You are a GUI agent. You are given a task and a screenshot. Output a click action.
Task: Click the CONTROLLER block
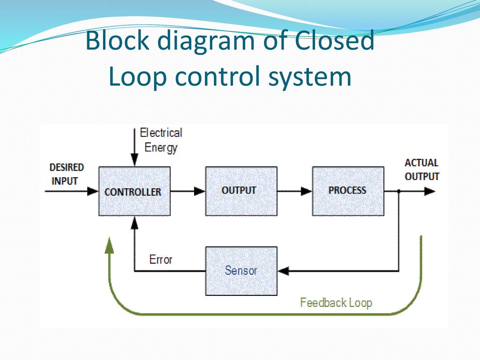tap(135, 191)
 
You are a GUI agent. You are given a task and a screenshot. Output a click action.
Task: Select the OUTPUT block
tap(241, 191)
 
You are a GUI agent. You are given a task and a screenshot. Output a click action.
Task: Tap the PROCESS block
tap(348, 191)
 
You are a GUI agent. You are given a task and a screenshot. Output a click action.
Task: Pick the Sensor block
tap(241, 271)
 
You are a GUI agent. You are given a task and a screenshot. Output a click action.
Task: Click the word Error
tap(161, 260)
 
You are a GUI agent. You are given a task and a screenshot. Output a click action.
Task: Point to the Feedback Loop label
tap(336, 303)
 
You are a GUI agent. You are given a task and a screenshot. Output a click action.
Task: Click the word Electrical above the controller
tap(161, 133)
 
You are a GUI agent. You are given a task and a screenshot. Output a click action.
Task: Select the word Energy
tap(161, 148)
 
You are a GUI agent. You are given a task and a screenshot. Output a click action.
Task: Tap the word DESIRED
tap(67, 167)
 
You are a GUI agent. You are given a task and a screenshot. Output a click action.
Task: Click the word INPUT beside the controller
tap(65, 181)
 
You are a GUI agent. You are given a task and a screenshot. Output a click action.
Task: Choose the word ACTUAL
tap(421, 163)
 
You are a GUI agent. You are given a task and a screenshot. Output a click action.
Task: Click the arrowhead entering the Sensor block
tap(283, 271)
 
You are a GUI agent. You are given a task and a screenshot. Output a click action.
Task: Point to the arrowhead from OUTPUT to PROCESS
tap(307, 191)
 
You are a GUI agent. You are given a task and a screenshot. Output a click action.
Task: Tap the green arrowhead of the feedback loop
tap(109, 246)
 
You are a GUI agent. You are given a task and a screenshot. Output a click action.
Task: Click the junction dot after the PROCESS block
tap(398, 191)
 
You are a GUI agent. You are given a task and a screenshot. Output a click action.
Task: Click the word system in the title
tap(310, 76)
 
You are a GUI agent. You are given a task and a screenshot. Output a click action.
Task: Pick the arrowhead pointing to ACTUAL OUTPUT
tap(429, 191)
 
